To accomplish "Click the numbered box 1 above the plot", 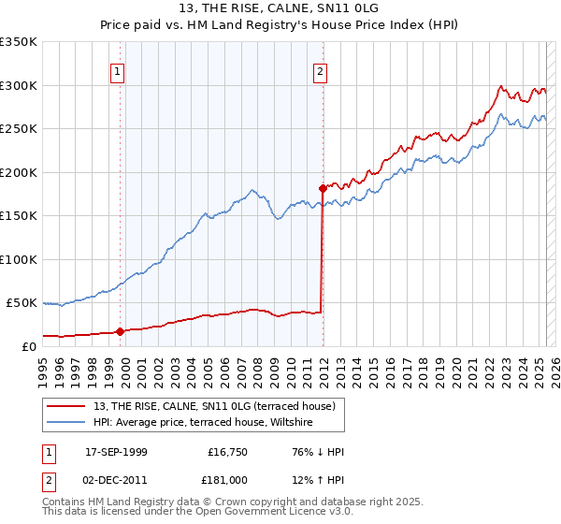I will tap(118, 70).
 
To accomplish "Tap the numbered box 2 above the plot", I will tap(320, 70).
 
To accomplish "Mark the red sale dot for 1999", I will tap(120, 331).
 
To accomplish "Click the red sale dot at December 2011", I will tap(323, 188).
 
